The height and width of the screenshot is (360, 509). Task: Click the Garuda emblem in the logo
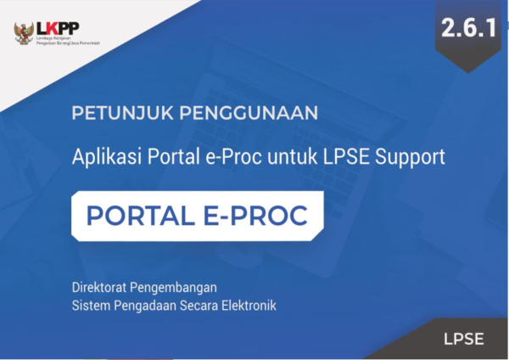(24, 33)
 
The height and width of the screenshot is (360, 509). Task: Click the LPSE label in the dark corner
(463, 339)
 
